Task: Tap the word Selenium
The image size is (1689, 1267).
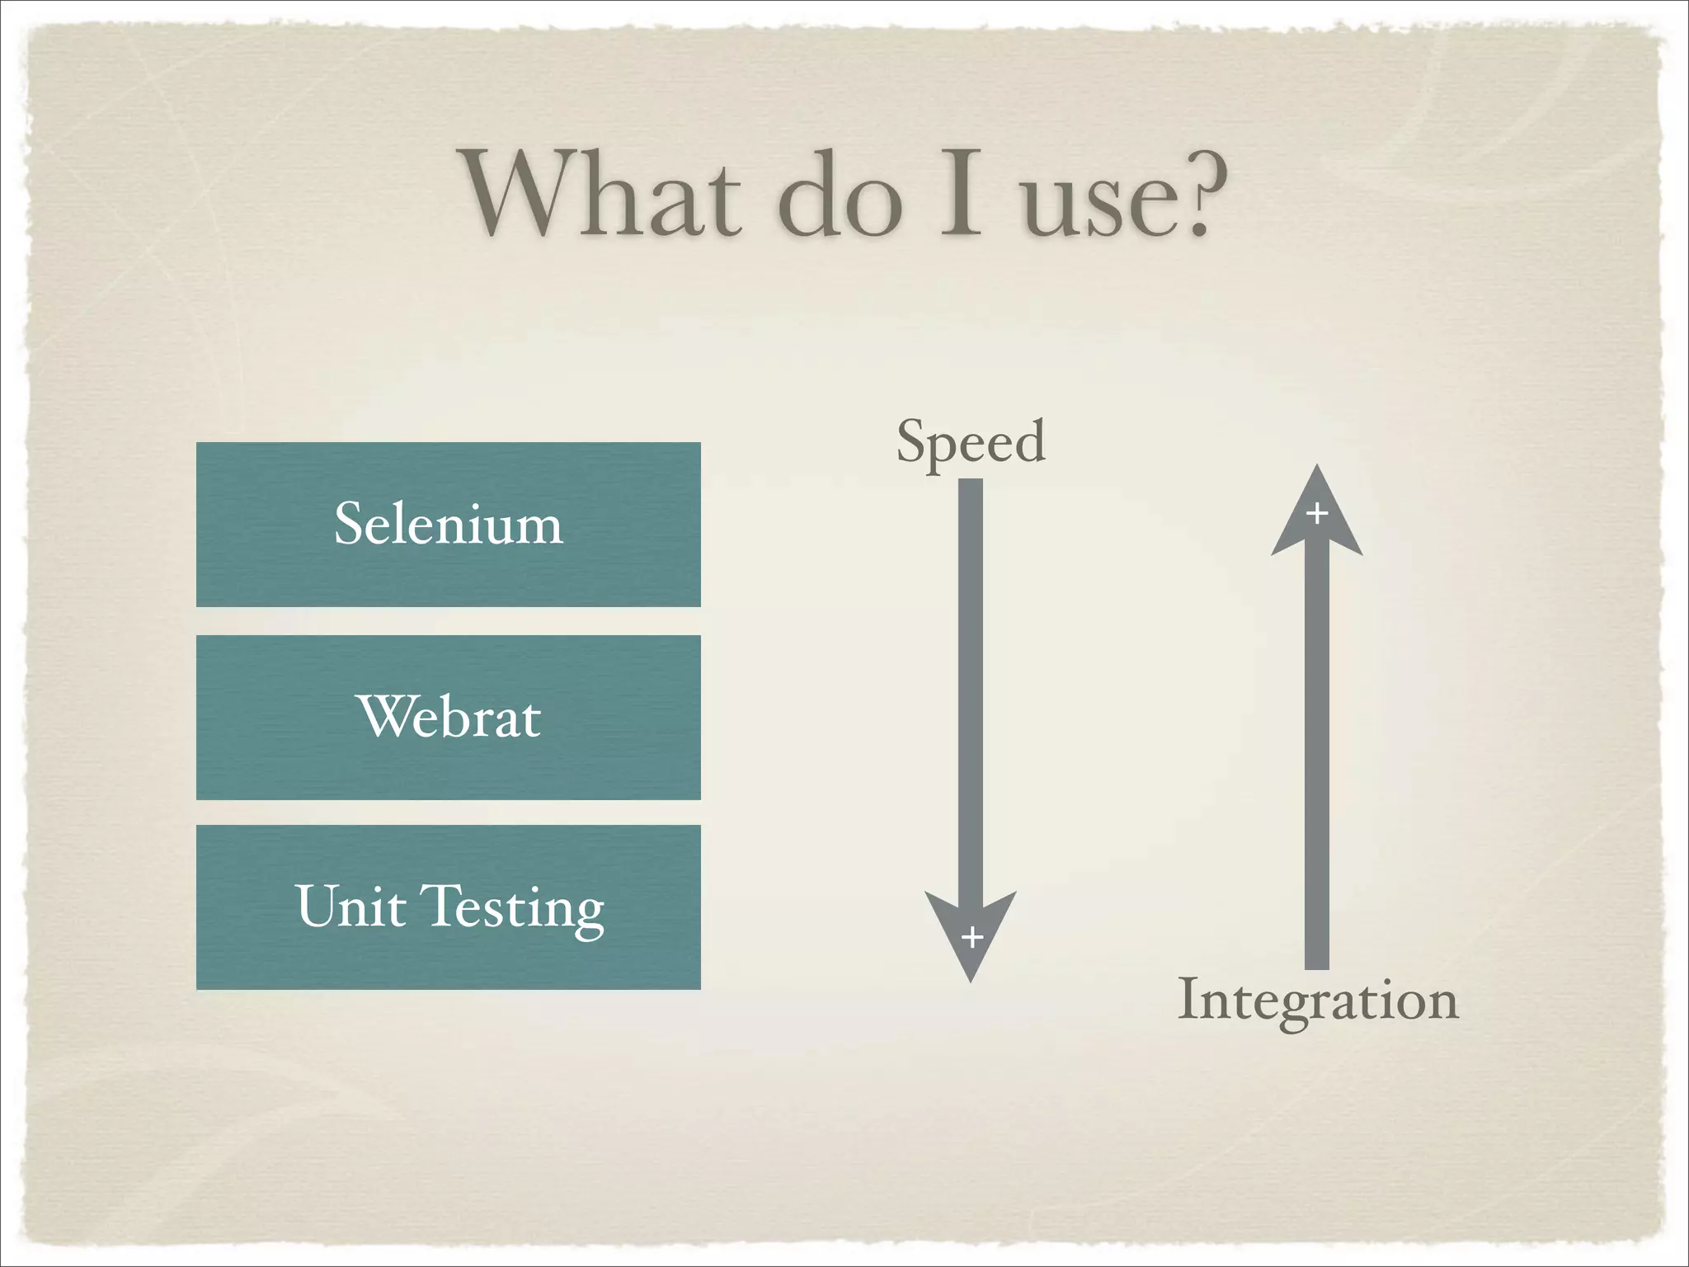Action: point(448,524)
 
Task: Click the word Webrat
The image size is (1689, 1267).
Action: point(449,716)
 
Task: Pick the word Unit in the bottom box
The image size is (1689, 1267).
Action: point(351,907)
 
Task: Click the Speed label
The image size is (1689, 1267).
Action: point(971,442)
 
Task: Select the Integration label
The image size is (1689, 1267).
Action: point(1318,1000)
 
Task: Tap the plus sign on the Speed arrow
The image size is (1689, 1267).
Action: point(972,937)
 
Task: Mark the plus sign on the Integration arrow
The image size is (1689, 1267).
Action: point(1317,513)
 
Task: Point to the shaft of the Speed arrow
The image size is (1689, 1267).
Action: point(971,685)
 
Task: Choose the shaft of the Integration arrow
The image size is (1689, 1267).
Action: point(1317,759)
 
